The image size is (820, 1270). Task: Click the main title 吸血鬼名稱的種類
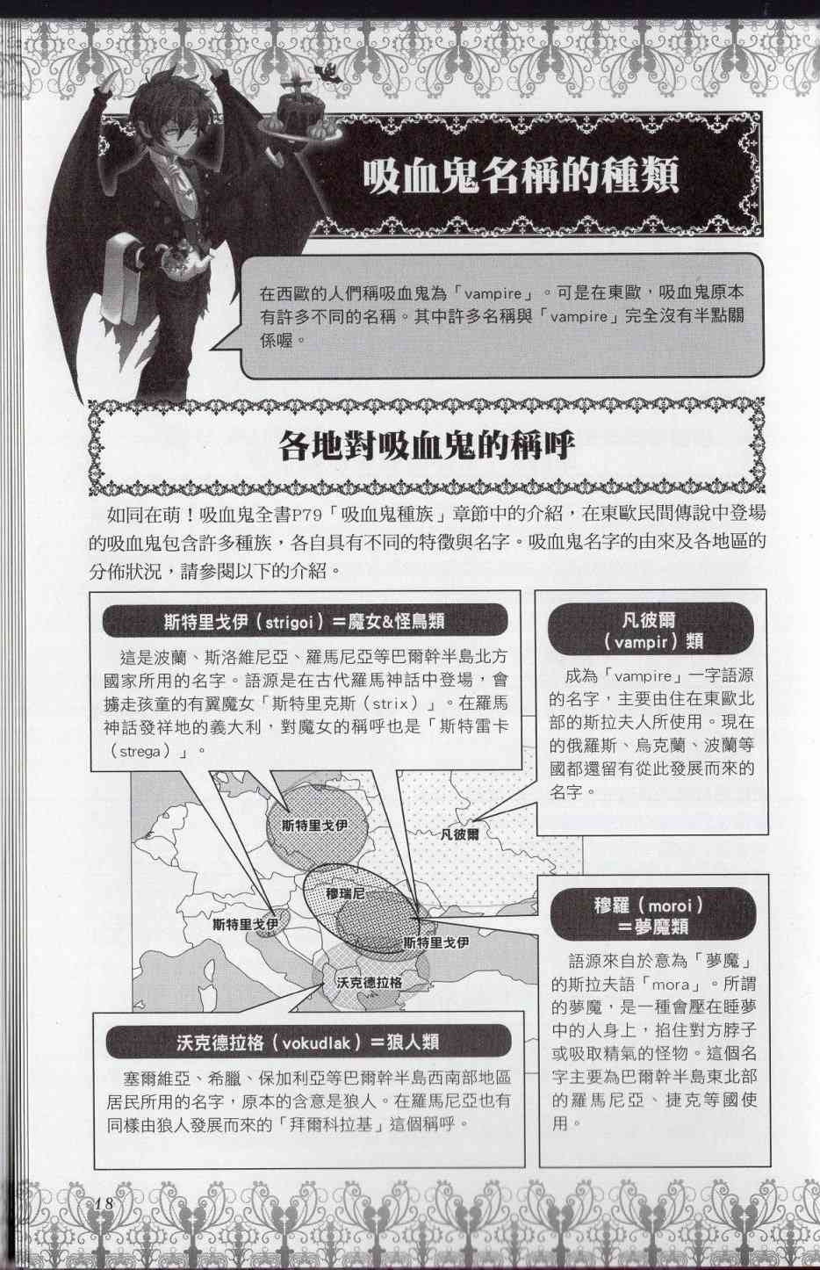point(521,176)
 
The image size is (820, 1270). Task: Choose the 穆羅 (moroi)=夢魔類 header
point(651,914)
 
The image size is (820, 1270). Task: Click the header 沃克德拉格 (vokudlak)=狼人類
point(307,1043)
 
